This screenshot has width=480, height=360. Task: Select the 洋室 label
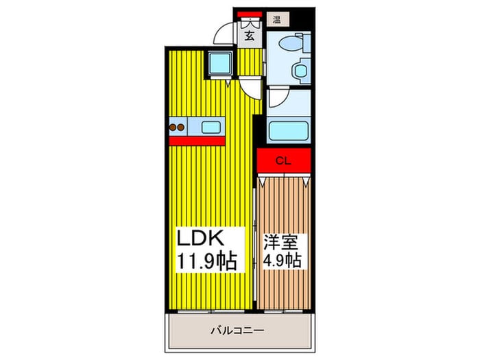pyautogui.click(x=281, y=243)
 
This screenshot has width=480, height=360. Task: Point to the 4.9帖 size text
pyautogui.click(x=283, y=261)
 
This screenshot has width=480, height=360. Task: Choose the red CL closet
pyautogui.click(x=284, y=162)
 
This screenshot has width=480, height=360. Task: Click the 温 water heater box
pyautogui.click(x=276, y=19)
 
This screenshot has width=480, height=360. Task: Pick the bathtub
pyautogui.click(x=287, y=130)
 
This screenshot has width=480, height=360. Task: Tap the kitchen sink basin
pyautogui.click(x=211, y=126)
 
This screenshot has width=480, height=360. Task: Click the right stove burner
pyautogui.click(x=182, y=126)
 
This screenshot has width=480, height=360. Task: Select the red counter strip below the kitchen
pyautogui.click(x=197, y=141)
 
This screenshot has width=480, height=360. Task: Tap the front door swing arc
pyautogui.click(x=223, y=34)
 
